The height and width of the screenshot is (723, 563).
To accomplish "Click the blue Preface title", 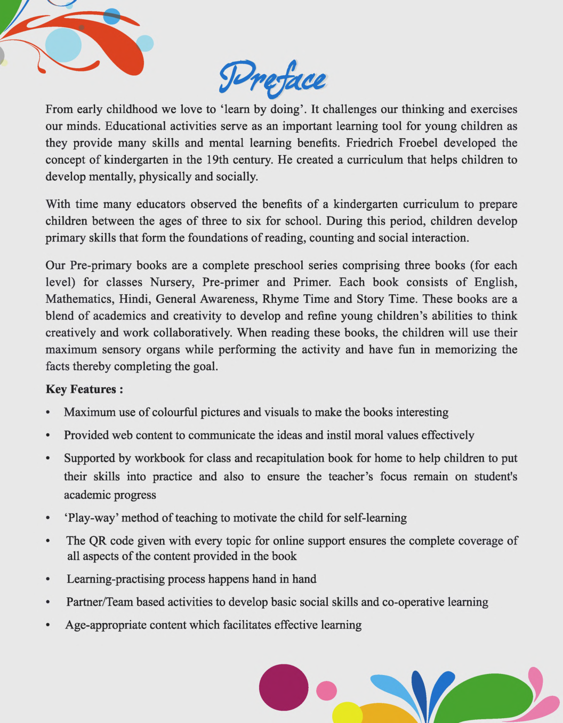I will [x=272, y=79].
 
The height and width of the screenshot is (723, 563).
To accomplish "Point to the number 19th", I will [x=217, y=160].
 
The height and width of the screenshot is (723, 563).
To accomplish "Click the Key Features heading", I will [x=84, y=389].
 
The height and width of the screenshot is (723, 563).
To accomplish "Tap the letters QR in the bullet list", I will [x=98, y=541].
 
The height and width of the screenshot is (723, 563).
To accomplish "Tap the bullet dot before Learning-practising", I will [x=48, y=580].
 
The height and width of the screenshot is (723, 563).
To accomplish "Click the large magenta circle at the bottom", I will [x=284, y=687].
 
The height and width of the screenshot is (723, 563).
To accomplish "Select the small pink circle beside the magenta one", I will [x=326, y=690].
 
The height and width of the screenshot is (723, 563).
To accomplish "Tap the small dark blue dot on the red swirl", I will [x=82, y=28].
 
